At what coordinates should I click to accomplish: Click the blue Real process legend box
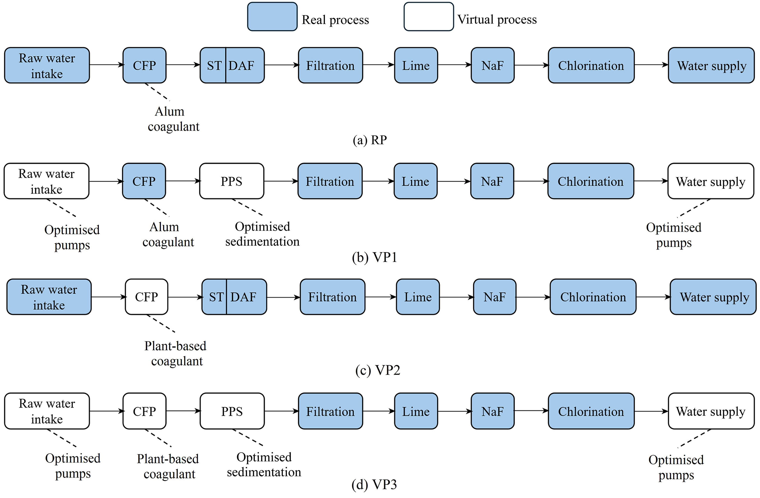click(272, 17)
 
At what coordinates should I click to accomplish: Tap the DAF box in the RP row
click(245, 66)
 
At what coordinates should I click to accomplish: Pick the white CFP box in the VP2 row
click(147, 297)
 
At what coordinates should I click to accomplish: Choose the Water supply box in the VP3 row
click(711, 411)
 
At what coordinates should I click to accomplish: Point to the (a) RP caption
click(370, 140)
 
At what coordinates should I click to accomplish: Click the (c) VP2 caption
click(378, 370)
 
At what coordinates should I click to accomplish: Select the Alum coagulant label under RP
click(173, 119)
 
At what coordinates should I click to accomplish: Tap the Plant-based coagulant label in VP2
click(176, 354)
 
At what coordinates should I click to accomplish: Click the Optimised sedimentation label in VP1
click(262, 234)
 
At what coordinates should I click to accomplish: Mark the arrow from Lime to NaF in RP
click(454, 65)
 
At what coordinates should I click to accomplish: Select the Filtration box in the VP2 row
click(332, 297)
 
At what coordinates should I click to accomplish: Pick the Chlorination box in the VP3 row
click(591, 411)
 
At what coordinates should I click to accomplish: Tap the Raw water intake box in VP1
click(47, 181)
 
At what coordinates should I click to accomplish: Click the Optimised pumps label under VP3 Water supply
click(676, 467)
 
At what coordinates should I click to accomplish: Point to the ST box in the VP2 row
click(214, 297)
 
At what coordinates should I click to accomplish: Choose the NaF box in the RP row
click(493, 66)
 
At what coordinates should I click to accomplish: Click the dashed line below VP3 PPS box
click(248, 437)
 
